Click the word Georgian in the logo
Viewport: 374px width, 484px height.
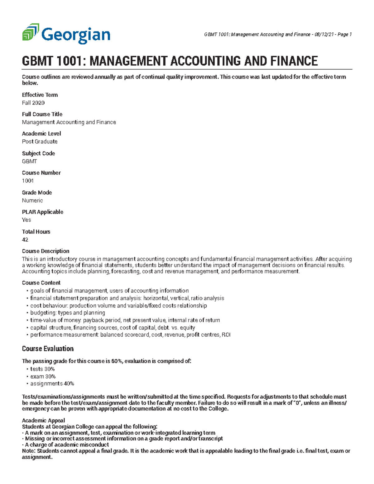point(76,35)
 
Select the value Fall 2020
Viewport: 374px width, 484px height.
point(33,103)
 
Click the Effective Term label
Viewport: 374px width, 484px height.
point(40,95)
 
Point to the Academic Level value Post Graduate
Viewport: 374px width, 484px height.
point(40,141)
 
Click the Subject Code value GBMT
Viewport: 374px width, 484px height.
point(29,161)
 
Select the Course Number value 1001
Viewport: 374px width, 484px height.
point(28,181)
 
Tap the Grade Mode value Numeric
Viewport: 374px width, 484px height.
point(32,200)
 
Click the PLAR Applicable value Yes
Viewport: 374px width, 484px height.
point(26,220)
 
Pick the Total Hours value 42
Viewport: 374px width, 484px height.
point(25,240)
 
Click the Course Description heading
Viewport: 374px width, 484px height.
point(46,251)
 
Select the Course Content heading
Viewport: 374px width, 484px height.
point(41,283)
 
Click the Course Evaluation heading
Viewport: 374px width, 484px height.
point(48,349)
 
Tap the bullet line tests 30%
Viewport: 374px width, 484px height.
point(42,369)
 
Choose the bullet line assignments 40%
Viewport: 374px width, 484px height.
point(52,384)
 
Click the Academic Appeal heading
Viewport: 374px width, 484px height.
point(43,420)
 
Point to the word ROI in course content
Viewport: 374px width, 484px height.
point(226,335)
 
